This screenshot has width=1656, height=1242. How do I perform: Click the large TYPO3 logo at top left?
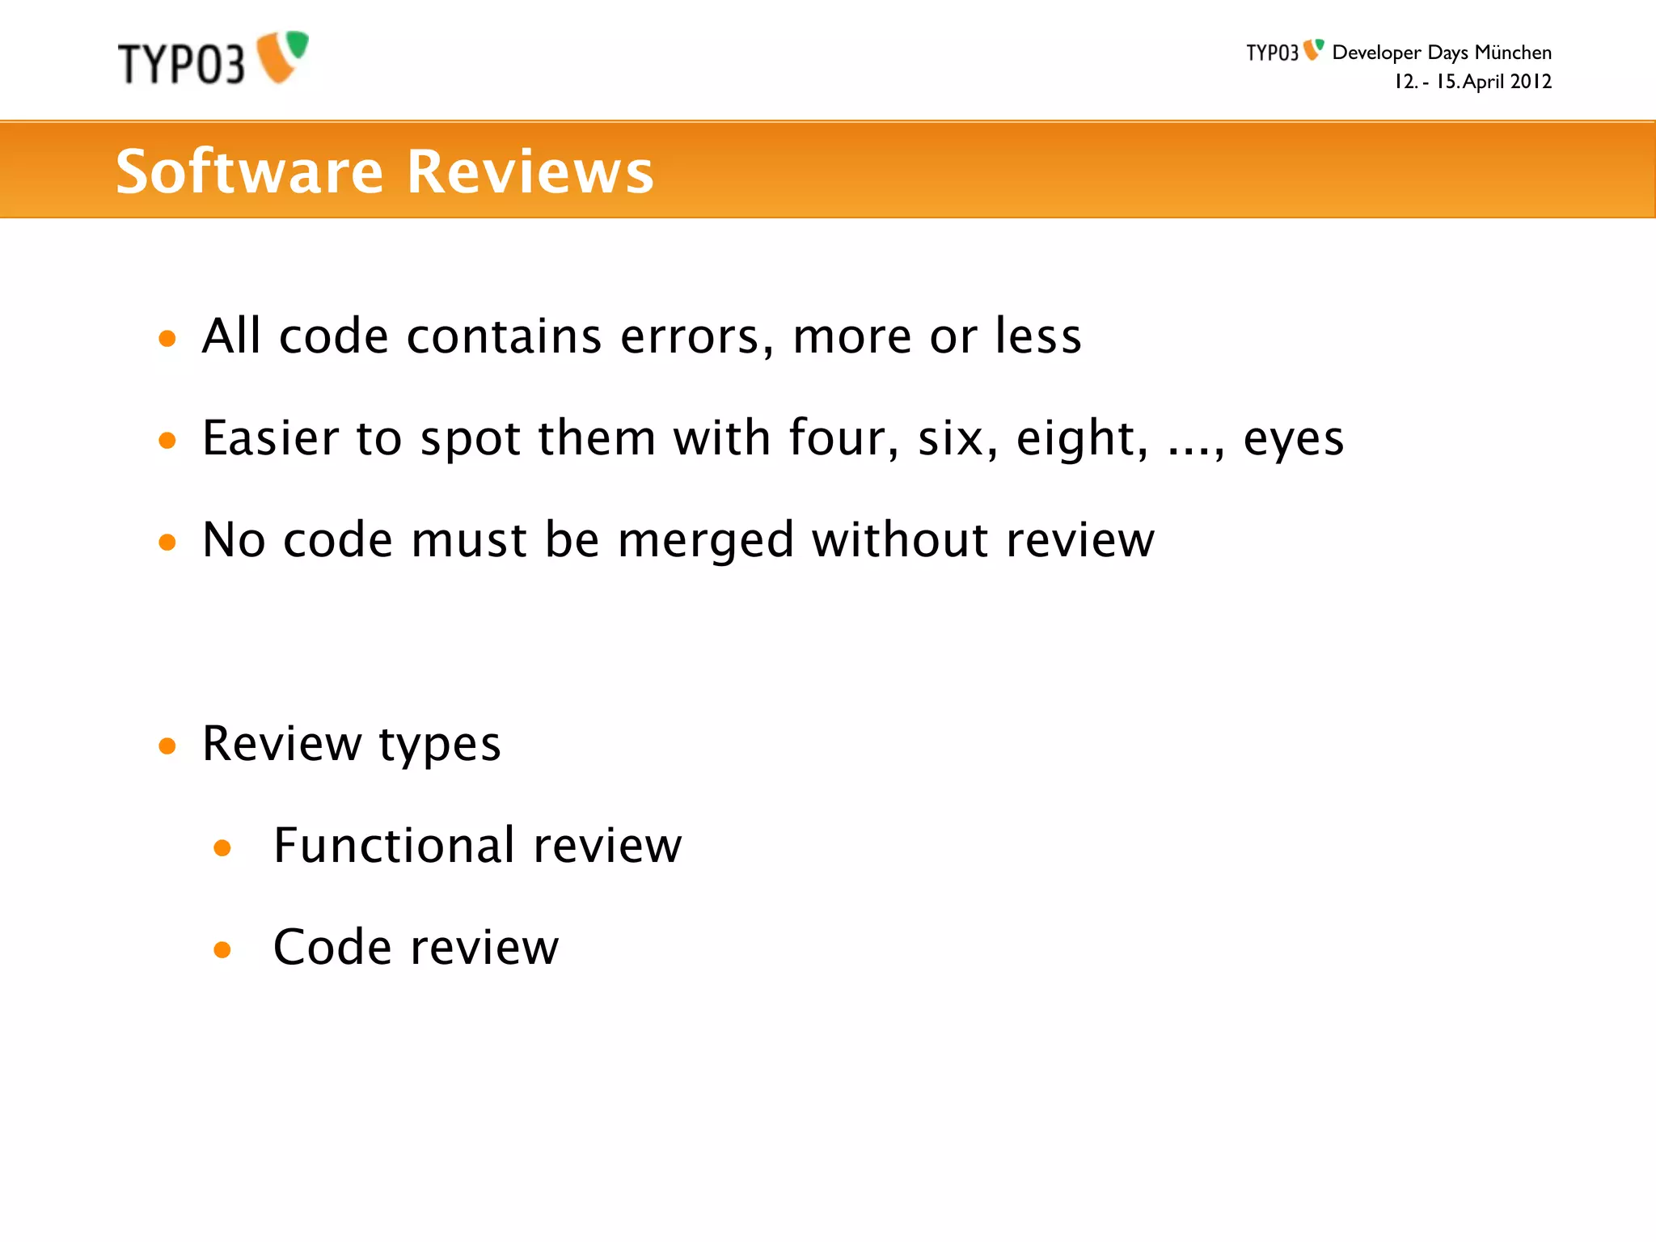(x=213, y=59)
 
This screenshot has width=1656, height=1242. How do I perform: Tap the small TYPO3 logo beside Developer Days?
(x=1284, y=52)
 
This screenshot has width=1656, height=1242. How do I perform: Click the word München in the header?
(x=1512, y=53)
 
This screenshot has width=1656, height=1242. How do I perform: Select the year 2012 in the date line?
(x=1531, y=82)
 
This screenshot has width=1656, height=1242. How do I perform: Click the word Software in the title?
(x=249, y=171)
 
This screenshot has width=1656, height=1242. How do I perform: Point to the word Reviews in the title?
(x=530, y=171)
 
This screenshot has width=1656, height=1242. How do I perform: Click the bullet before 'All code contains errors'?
(x=167, y=338)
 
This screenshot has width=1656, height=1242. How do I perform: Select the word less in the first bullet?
(x=1038, y=336)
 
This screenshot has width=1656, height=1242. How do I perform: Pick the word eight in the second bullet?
(x=1082, y=440)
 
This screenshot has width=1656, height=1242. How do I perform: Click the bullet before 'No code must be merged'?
(x=167, y=542)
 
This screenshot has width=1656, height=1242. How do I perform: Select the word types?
(x=440, y=745)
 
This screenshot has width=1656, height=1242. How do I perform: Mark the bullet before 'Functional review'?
(x=222, y=848)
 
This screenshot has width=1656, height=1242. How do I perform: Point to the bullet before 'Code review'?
(x=222, y=949)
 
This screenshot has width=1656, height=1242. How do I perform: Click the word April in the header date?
(x=1484, y=82)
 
